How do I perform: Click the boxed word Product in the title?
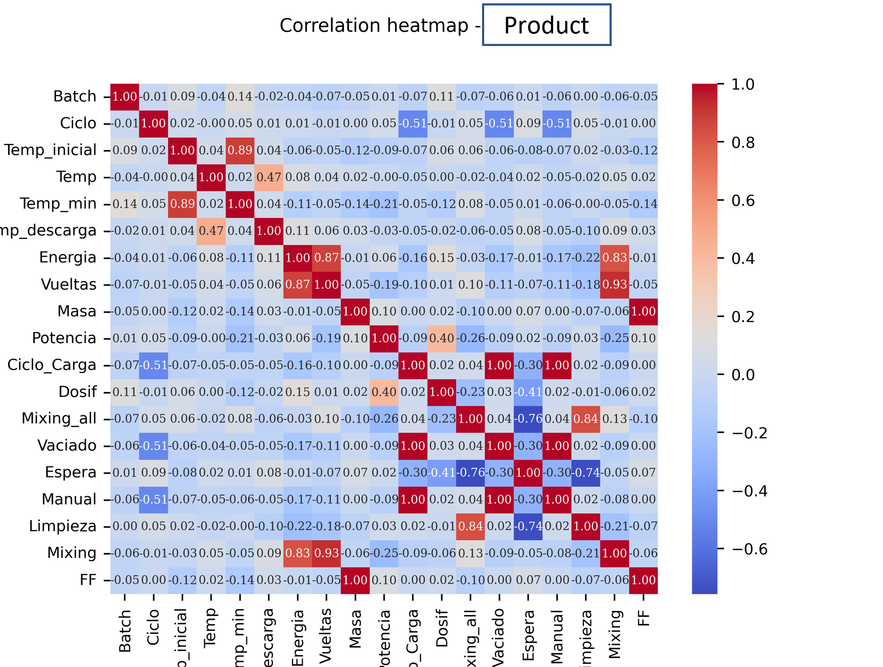546,25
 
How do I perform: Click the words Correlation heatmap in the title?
374,26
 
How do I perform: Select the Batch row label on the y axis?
75,97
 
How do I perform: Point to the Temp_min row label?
58,204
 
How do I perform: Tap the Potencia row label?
64,338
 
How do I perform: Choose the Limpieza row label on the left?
63,526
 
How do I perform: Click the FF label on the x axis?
644,618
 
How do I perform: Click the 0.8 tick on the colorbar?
743,143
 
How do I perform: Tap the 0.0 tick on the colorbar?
743,375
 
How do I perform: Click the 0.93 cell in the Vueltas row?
614,284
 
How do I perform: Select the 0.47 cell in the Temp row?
269,177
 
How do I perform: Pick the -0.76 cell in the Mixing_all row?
528,419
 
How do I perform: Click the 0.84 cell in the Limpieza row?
470,526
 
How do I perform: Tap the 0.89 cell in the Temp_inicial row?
240,150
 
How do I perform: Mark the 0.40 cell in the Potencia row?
441,338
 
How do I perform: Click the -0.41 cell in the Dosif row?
528,392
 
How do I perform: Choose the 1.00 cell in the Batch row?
125,97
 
